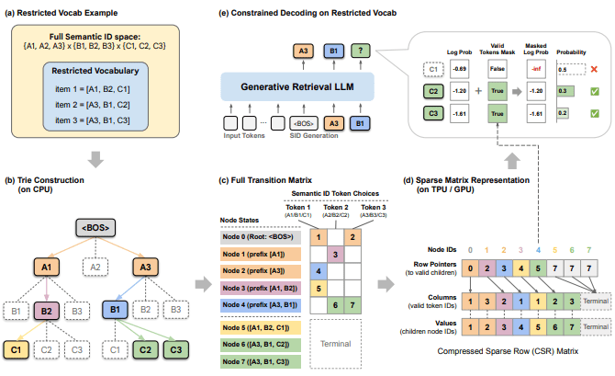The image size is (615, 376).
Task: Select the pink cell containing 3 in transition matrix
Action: (337, 253)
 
